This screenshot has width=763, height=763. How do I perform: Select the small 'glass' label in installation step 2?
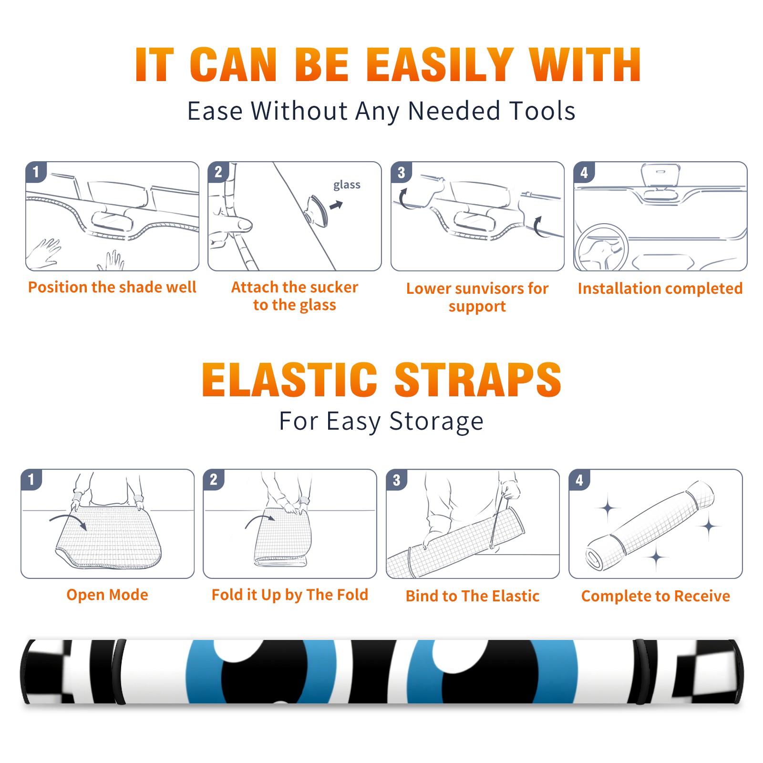(347, 185)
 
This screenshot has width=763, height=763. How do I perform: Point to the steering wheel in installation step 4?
(601, 247)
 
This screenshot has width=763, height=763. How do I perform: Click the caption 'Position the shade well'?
(112, 287)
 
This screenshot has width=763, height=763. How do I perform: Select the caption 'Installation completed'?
(660, 288)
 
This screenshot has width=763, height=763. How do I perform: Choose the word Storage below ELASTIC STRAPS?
(436, 422)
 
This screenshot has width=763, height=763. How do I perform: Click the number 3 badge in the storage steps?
(396, 480)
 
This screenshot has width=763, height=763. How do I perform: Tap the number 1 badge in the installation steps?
(36, 172)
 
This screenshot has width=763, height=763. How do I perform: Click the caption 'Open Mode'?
(107, 595)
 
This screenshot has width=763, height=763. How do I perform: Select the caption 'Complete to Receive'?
(656, 596)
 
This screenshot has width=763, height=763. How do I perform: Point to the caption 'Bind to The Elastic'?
(473, 596)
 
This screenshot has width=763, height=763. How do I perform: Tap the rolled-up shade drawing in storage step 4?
(650, 526)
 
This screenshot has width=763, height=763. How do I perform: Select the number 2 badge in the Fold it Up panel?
(214, 479)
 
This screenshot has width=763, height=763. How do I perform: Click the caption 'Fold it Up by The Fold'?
(290, 595)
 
